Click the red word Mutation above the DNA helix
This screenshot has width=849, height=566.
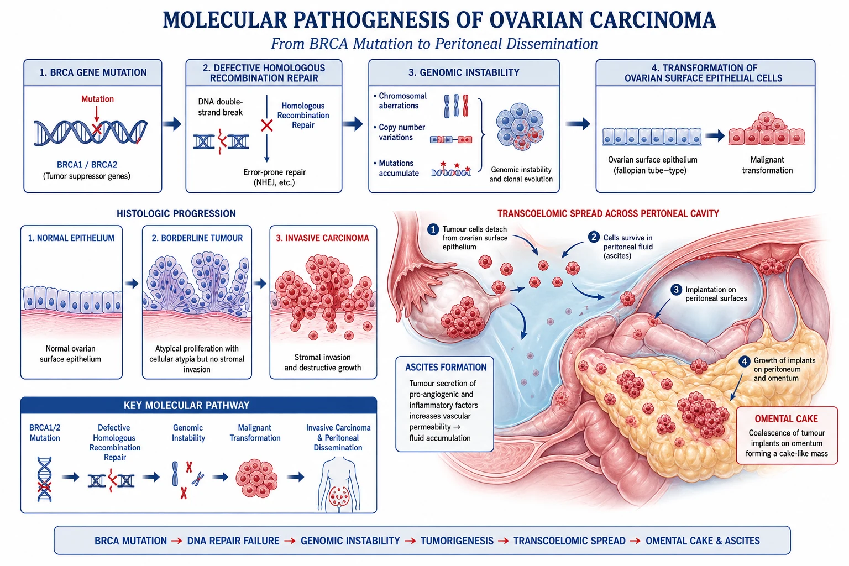(97, 99)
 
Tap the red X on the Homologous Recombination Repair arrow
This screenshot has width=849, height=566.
(267, 125)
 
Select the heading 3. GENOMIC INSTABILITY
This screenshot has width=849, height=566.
(464, 72)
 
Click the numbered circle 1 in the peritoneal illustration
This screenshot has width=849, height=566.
(433, 229)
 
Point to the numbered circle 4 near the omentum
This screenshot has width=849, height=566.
(744, 361)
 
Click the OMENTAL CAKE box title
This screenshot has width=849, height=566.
(786, 419)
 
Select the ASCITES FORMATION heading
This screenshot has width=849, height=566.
(446, 368)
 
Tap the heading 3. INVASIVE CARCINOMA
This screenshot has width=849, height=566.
(322, 238)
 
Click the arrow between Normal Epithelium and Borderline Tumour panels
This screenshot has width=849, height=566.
(132, 283)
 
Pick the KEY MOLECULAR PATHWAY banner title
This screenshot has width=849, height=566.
(186, 406)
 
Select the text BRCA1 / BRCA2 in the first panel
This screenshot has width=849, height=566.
(87, 165)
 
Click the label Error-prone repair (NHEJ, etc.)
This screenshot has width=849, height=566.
(274, 177)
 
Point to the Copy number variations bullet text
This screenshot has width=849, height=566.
(402, 132)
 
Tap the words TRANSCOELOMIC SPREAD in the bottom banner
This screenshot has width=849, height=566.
(569, 541)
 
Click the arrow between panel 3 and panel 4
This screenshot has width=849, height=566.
(578, 124)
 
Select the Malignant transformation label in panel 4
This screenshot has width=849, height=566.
(767, 165)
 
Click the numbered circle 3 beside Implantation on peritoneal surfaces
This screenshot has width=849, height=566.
(676, 290)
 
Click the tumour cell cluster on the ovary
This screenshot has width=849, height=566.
(463, 318)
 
